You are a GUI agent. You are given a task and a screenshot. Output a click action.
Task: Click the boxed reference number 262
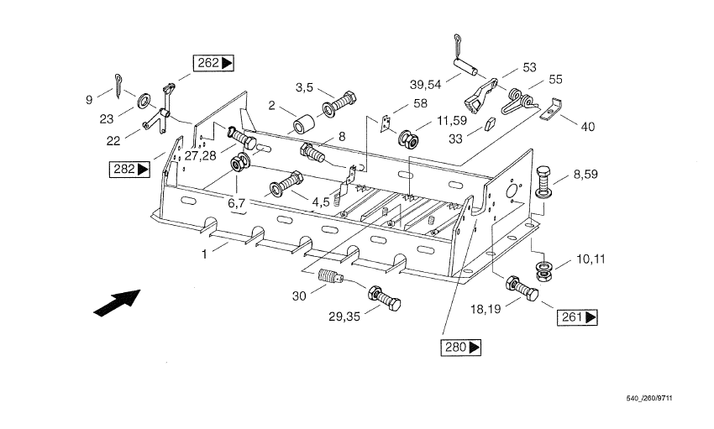point(213,62)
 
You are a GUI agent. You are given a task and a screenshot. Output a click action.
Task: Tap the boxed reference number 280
point(461,346)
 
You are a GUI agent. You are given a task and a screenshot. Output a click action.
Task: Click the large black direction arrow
point(117,302)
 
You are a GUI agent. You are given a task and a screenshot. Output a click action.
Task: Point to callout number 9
point(88,99)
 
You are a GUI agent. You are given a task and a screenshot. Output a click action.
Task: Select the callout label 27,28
point(201,155)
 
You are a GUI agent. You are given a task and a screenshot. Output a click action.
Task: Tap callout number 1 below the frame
point(203,253)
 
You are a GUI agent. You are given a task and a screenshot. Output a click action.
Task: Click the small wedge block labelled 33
point(488,126)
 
